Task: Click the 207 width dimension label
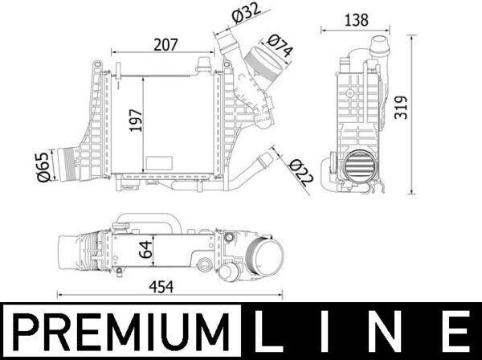coord(165,45)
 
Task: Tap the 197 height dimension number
coord(136,121)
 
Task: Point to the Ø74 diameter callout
coord(280,46)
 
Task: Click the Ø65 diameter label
coord(43,166)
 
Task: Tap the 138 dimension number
coord(356,20)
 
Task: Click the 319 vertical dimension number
coord(401,108)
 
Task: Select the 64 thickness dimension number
coord(145,249)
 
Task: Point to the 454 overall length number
coord(161,287)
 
